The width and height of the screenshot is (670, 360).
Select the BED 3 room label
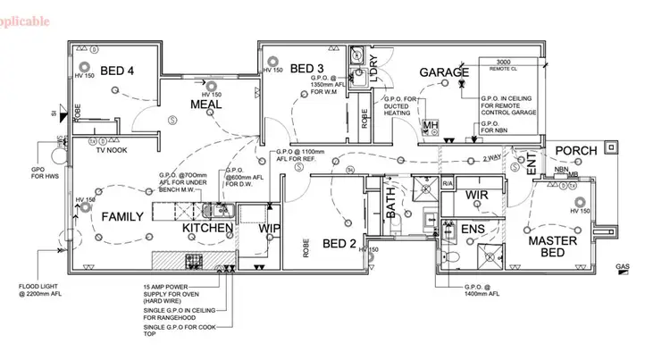[307, 68]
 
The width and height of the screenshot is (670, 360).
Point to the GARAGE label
[445, 72]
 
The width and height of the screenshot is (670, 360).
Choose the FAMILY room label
[122, 216]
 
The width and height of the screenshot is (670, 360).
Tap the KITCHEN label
[208, 229]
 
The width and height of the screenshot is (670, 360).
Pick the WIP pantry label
[270, 229]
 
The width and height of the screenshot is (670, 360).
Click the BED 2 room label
[339, 243]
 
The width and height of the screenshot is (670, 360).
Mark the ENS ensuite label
[473, 230]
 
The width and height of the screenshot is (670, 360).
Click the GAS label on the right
[623, 267]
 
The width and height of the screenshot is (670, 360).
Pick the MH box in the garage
[430, 125]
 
